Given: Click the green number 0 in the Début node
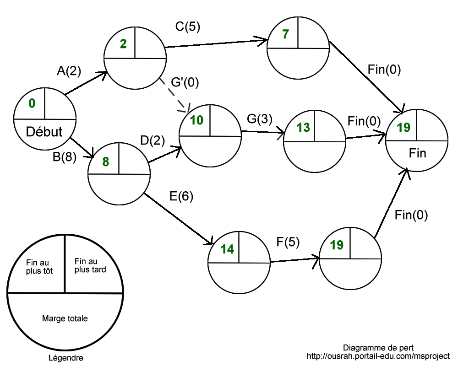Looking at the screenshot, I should [x=32, y=103].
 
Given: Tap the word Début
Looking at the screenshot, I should [x=44, y=132].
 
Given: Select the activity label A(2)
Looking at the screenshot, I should [x=69, y=71].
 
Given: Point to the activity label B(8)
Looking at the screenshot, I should [x=65, y=157].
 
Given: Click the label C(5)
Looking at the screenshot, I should [x=188, y=27].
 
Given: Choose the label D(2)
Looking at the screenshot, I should [x=153, y=140].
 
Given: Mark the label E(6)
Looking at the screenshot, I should [x=181, y=196].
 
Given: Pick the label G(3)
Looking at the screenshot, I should [x=259, y=119].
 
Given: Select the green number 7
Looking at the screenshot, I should [x=285, y=34].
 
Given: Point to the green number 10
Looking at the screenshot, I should [x=196, y=120].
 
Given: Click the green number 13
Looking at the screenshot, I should [x=303, y=127].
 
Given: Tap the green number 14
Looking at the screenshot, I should [x=227, y=249].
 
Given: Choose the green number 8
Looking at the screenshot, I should [x=106, y=162].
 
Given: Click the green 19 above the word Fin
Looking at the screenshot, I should [x=403, y=128].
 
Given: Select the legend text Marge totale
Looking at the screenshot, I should [x=65, y=318].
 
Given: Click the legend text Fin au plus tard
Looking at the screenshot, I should [x=90, y=265].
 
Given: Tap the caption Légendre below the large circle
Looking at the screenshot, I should [x=65, y=358].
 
